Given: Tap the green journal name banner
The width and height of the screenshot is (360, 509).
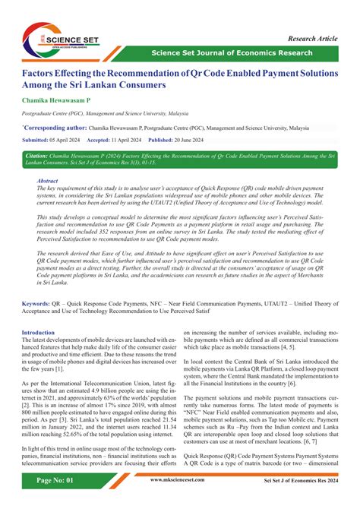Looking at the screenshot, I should coord(232,52).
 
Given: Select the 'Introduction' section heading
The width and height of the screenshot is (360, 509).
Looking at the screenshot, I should coord(38,333).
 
